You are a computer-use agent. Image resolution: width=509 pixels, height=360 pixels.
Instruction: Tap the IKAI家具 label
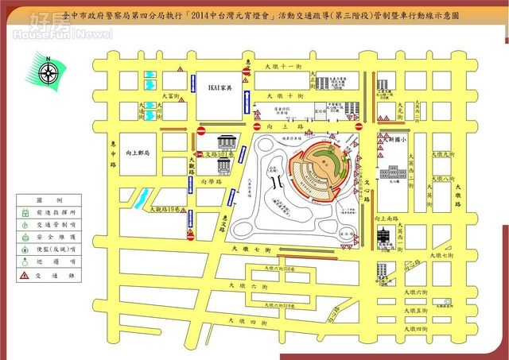click(x=220, y=87)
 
